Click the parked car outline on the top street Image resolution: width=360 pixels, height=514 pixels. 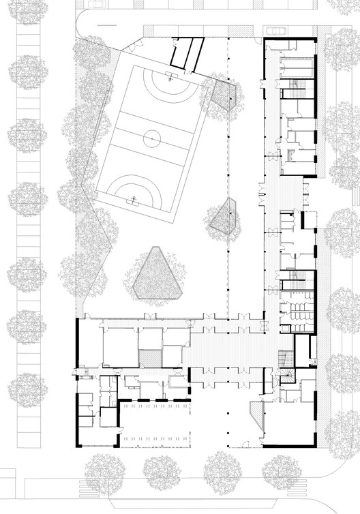tap(275, 30)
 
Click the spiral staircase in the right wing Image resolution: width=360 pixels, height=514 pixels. tap(285, 374)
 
